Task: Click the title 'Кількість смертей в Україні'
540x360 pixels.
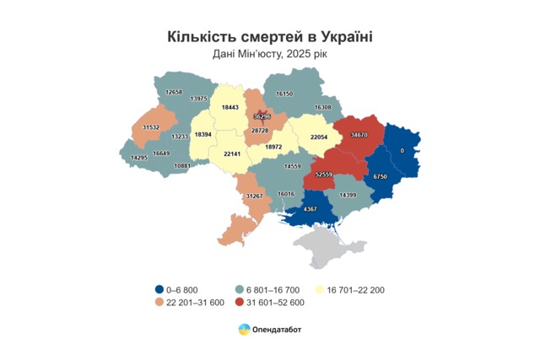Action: pos(270,37)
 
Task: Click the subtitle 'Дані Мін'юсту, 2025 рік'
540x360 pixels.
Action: pos(270,55)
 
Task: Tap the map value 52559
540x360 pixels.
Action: pos(324,175)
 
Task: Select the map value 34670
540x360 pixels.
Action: pos(359,134)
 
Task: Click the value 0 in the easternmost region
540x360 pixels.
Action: pos(402,149)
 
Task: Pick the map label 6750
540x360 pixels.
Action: pos(380,177)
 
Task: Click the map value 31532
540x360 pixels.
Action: pos(150,126)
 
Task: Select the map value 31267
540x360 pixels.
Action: pos(254,196)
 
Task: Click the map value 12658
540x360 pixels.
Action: pos(174,91)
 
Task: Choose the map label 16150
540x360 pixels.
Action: pos(284,94)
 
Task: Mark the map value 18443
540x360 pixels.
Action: pos(229,107)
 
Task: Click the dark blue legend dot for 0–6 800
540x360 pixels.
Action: pos(159,290)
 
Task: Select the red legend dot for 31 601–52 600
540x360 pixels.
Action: pos(240,303)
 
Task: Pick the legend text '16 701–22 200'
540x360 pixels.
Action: pos(358,290)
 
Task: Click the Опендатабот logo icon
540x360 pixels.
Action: pos(244,329)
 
